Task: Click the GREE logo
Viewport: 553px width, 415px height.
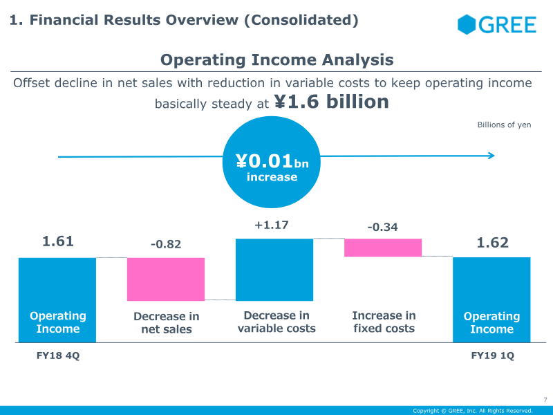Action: [496, 25]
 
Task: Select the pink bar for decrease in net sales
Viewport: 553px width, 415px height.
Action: [166, 279]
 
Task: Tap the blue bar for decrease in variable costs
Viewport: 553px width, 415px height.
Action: [275, 270]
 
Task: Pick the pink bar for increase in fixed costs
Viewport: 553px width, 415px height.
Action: [383, 248]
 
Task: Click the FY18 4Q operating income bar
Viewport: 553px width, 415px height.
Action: [57, 299]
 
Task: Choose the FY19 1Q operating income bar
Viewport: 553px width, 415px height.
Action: [491, 299]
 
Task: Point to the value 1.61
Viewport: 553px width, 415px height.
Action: [58, 241]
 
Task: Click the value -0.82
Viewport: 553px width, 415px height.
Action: [166, 244]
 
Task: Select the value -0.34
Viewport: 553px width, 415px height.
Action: [382, 227]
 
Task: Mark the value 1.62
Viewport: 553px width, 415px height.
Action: [492, 242]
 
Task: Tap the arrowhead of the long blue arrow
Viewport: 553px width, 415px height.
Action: [491, 156]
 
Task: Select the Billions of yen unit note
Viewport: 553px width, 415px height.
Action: [504, 125]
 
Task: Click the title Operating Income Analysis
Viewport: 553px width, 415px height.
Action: [276, 60]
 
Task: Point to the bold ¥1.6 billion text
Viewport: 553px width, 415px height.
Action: [331, 102]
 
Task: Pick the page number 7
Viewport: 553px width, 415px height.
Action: [545, 399]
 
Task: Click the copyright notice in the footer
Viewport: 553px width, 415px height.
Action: [473, 410]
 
